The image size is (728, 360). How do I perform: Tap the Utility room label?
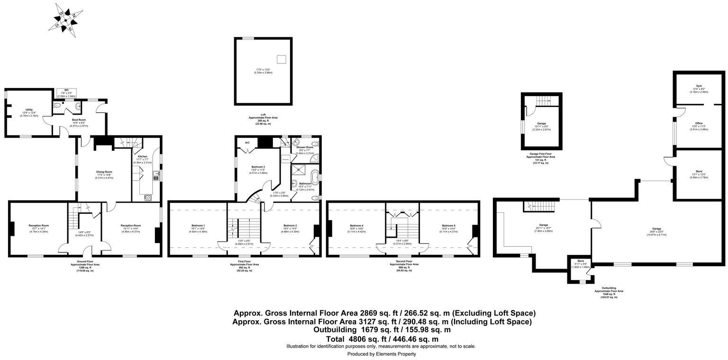tap(29, 109)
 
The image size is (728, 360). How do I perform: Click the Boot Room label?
tap(79, 120)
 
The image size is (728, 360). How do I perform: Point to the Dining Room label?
tap(104, 171)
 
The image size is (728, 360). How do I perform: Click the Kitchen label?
tap(143, 156)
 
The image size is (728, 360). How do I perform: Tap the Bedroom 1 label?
tap(198, 225)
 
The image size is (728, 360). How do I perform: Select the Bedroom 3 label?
tap(258, 167)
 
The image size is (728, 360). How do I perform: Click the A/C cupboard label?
tap(247, 143)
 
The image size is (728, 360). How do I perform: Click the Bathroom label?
tap(305, 183)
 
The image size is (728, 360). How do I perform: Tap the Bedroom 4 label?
tap(356, 225)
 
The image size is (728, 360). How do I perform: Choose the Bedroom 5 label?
tap(448, 225)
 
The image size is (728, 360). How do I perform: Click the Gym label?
tap(699, 86)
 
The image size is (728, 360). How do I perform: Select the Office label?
tap(699, 123)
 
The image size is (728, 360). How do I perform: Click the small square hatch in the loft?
tap(282, 59)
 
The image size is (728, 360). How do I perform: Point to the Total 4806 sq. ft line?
tap(382, 339)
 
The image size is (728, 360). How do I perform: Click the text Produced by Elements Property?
tap(382, 354)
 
